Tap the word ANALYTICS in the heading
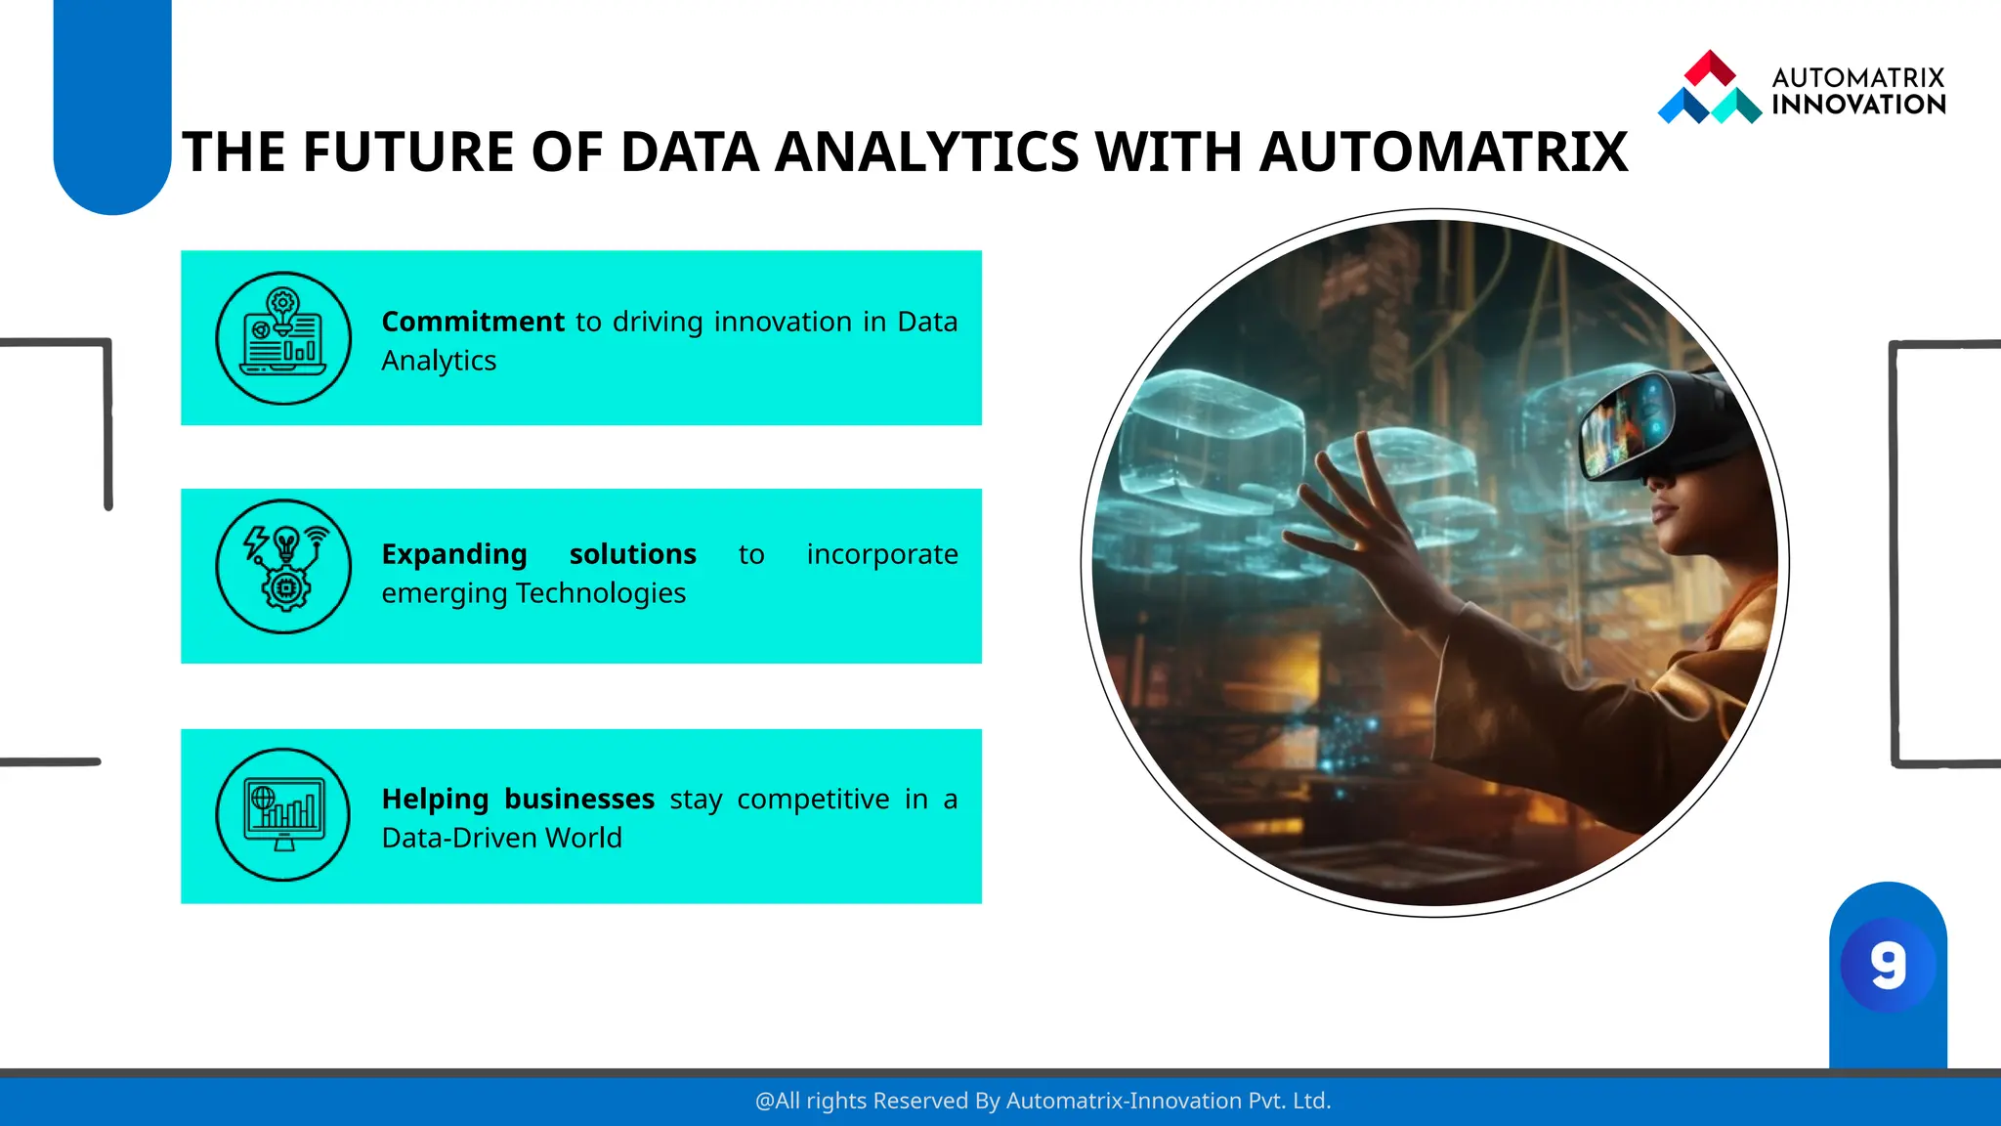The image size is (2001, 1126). click(926, 152)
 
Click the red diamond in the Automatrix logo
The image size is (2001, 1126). click(1710, 67)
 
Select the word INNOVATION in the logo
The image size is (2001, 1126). click(1858, 105)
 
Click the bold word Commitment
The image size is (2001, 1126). click(473, 322)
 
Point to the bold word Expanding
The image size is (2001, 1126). click(454, 554)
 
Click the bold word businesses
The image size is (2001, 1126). click(579, 799)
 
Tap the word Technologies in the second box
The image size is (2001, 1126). click(601, 593)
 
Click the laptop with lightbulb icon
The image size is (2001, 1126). click(283, 338)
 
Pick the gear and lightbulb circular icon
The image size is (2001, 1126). click(283, 567)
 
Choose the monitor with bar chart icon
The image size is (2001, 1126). click(283, 814)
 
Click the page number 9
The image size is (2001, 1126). click(1888, 966)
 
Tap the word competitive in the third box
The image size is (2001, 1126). click(813, 799)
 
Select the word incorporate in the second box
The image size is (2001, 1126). click(881, 554)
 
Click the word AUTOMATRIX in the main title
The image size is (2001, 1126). click(1443, 152)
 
